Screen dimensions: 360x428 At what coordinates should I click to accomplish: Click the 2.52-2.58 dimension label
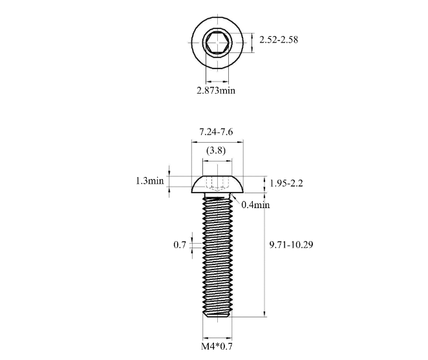click(279, 40)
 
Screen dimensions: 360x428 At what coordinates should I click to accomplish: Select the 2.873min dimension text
click(216, 90)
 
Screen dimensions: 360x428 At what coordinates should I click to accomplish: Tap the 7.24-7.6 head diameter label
click(216, 132)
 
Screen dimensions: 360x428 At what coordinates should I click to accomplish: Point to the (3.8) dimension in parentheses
click(216, 151)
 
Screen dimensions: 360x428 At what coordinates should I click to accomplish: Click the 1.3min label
click(149, 181)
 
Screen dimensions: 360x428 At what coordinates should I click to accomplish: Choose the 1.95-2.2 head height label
click(286, 184)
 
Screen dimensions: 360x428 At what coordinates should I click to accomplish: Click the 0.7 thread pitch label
click(180, 245)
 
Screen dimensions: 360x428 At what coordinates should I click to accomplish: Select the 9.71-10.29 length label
click(291, 245)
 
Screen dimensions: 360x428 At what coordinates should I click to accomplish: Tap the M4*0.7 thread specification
click(216, 347)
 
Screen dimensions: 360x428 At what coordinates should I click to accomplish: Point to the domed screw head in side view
click(217, 185)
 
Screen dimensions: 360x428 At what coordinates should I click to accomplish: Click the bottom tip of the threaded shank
click(217, 315)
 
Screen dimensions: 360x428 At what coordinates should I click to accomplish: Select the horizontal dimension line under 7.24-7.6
click(217, 142)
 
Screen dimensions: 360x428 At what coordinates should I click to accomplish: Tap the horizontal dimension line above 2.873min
click(217, 81)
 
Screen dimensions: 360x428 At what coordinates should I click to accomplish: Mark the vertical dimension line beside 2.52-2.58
click(251, 40)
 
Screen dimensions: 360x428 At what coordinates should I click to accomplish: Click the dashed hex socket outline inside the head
click(217, 184)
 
